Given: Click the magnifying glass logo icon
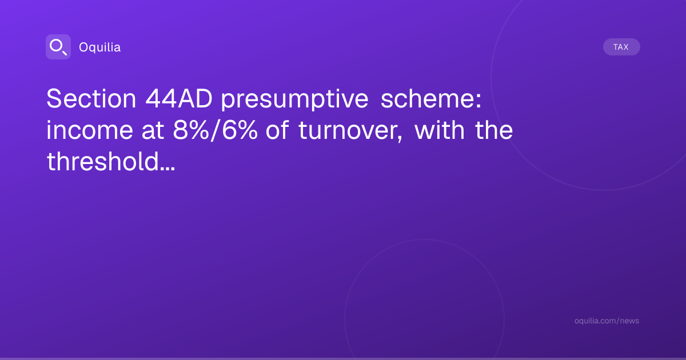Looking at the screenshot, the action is [58, 47].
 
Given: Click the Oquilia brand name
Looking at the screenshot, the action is [100, 47].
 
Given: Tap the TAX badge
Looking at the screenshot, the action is [621, 47].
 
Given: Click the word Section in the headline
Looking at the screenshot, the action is [91, 98].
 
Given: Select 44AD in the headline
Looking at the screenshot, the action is [179, 98].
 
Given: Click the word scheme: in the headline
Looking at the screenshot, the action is [431, 98].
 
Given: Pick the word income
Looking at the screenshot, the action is [90, 130].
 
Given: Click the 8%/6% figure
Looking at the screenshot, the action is [216, 130].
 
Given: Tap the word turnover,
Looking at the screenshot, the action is [350, 131].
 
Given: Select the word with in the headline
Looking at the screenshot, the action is [440, 130].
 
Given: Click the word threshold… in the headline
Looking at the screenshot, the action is [111, 161].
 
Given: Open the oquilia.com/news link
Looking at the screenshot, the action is [607, 321].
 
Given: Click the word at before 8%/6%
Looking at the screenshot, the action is [153, 131].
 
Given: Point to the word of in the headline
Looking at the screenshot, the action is [277, 130].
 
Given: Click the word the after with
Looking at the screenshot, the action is [494, 130].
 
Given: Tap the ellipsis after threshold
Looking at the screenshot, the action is [167, 169].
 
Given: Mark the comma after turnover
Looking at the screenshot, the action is [400, 139].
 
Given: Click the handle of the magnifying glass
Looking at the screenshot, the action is [65, 53].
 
